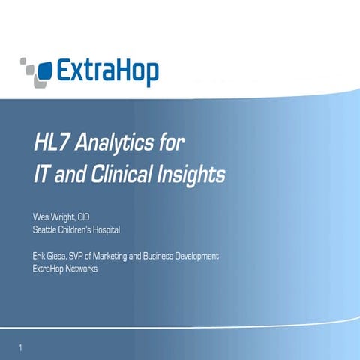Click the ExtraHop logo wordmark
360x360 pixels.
tap(104, 73)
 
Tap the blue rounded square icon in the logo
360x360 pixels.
tap(43, 71)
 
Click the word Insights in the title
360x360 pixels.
tap(191, 175)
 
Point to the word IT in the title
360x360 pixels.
tap(43, 175)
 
